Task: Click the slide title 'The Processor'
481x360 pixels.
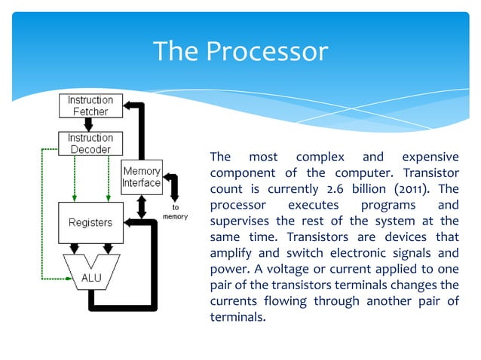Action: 240,51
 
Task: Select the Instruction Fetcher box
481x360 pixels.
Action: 90,105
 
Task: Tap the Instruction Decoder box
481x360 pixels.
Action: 90,143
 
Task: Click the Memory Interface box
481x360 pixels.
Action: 142,177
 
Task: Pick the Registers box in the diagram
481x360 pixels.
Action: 90,222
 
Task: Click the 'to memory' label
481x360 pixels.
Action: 175,211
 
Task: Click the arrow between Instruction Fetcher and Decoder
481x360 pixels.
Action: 90,124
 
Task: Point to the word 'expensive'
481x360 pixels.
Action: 430,157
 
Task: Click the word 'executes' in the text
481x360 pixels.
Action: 311,205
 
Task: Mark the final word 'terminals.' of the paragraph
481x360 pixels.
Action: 237,316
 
